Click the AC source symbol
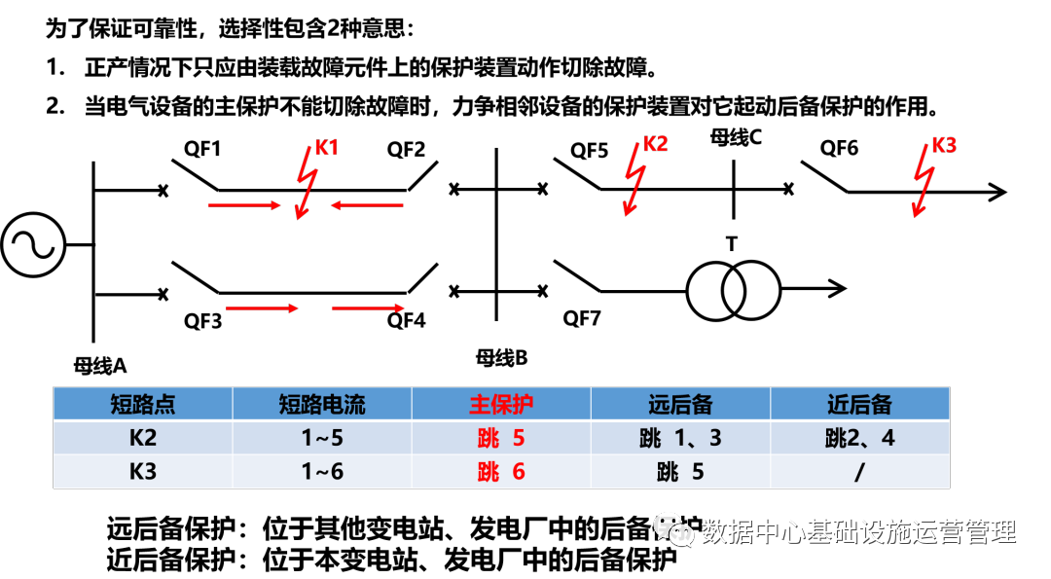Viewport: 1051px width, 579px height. click(32, 246)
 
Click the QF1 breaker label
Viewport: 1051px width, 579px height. click(202, 150)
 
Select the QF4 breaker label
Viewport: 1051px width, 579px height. click(406, 319)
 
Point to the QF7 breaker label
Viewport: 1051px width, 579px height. click(582, 319)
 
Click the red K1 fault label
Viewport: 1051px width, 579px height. click(327, 148)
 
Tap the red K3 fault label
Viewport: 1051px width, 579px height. click(944, 146)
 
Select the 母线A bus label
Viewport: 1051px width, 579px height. click(100, 366)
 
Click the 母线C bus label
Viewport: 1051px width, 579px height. click(736, 137)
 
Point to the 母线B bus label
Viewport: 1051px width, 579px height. click(501, 358)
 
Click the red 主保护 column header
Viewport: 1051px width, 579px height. click(501, 404)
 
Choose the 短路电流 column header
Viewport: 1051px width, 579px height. click(322, 404)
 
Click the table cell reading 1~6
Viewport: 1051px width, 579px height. click(322, 471)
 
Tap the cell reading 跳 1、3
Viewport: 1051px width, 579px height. click(680, 438)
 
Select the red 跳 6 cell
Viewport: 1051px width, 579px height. click(501, 471)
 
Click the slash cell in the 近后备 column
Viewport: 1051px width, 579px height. click(859, 471)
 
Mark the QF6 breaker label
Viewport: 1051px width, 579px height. click(839, 148)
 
